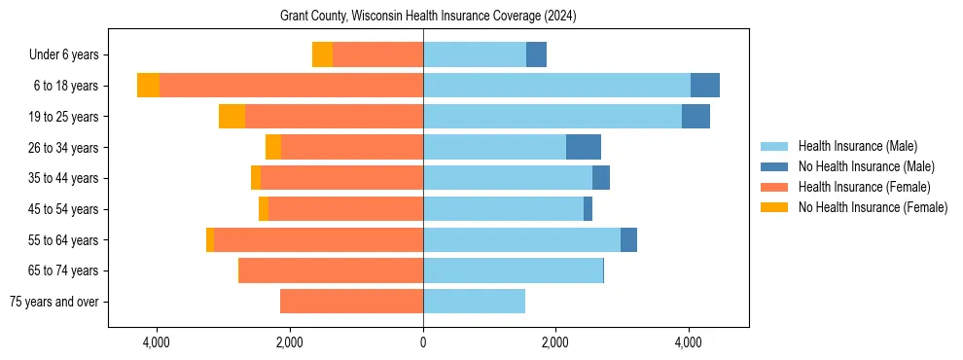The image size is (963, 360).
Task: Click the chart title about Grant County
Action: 428,17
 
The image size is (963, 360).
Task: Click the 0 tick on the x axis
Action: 423,343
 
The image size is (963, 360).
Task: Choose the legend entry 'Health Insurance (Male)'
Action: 857,146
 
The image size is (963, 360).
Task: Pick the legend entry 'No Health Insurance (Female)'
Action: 873,207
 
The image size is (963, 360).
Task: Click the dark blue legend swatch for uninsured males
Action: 775,166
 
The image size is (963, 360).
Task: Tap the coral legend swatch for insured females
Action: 775,187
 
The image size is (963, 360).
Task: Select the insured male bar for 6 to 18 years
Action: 556,86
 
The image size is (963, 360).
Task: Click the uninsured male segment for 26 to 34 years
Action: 584,147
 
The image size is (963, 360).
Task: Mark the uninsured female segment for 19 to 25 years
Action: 232,117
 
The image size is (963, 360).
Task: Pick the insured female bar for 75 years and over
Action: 351,302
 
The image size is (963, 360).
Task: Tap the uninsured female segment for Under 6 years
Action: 322,54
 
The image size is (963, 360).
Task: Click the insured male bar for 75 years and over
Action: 474,302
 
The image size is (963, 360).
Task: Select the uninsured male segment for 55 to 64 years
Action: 628,239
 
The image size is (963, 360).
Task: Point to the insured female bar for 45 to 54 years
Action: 345,209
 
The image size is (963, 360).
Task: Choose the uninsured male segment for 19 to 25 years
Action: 695,117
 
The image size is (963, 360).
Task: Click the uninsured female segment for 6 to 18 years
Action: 148,86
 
